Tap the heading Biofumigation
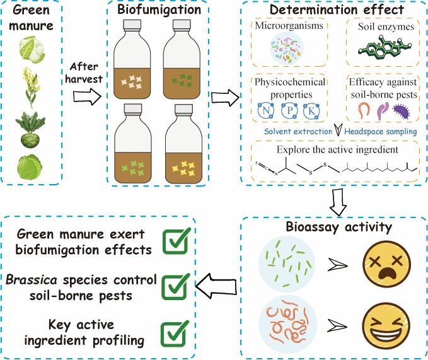click(159, 9)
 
